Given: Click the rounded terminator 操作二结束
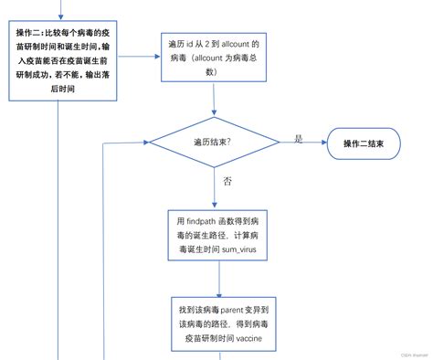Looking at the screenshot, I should click(x=369, y=143).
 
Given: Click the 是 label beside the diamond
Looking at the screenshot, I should click(x=298, y=138).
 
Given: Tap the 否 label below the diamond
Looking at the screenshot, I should click(x=227, y=181).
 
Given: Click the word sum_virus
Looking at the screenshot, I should click(x=240, y=249).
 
